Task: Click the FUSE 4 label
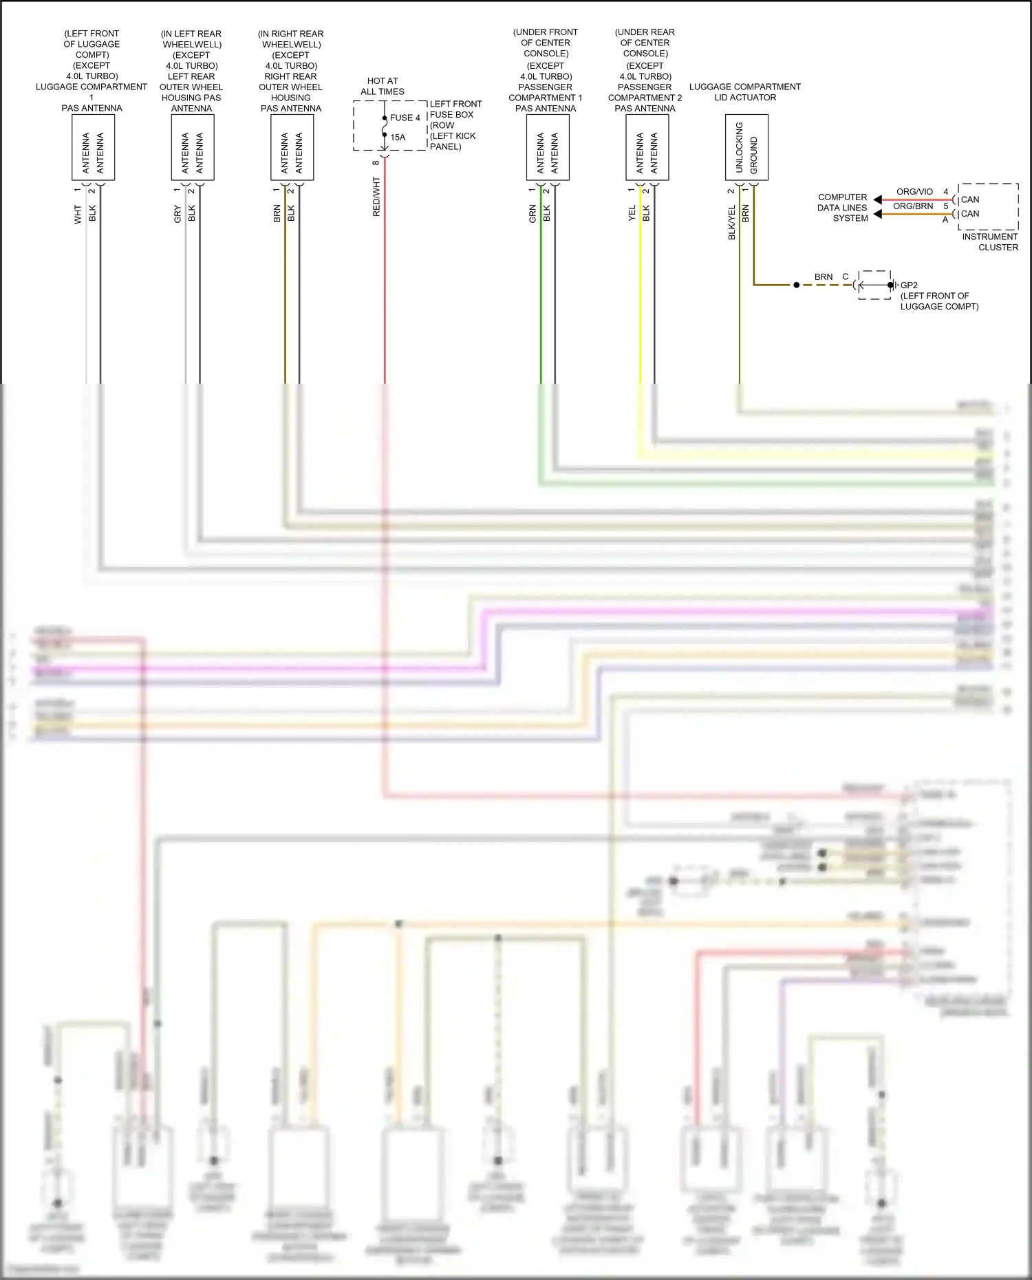click(x=405, y=118)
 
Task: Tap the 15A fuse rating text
click(x=398, y=137)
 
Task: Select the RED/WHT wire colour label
click(x=376, y=197)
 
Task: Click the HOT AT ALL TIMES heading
click(x=383, y=86)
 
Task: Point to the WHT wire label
click(x=78, y=215)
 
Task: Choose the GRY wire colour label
click(x=178, y=214)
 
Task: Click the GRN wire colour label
click(x=533, y=213)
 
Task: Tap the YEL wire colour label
click(x=632, y=213)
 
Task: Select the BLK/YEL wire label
click(x=731, y=222)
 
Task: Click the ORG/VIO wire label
click(x=914, y=192)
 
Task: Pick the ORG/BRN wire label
click(x=913, y=206)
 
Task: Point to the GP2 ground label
click(x=909, y=285)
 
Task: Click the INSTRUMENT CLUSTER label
click(x=990, y=242)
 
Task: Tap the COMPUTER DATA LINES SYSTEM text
click(x=842, y=208)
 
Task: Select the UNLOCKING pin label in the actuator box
click(x=740, y=147)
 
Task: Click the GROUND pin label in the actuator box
click(x=754, y=155)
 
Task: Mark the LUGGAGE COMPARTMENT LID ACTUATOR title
click(x=745, y=92)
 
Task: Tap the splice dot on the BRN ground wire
click(x=797, y=285)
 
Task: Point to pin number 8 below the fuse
click(x=376, y=163)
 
